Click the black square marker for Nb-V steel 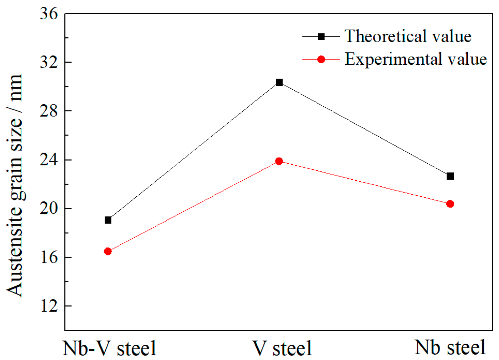point(108,220)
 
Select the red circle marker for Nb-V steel point(108,252)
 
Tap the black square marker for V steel point(279,83)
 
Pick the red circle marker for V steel point(279,162)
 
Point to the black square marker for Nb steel point(450,176)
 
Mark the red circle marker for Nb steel point(450,204)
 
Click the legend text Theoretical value point(408,36)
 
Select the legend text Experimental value point(416,59)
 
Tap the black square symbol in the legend point(321,37)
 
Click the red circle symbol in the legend point(321,59)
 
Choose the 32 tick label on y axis point(49,62)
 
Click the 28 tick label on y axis point(49,111)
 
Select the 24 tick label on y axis point(49,160)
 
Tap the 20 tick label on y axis point(49,208)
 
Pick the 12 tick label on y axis point(49,306)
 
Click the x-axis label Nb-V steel point(109,348)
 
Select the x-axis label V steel point(282,348)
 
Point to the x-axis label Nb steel point(450,348)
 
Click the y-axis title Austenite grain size point(15,185)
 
